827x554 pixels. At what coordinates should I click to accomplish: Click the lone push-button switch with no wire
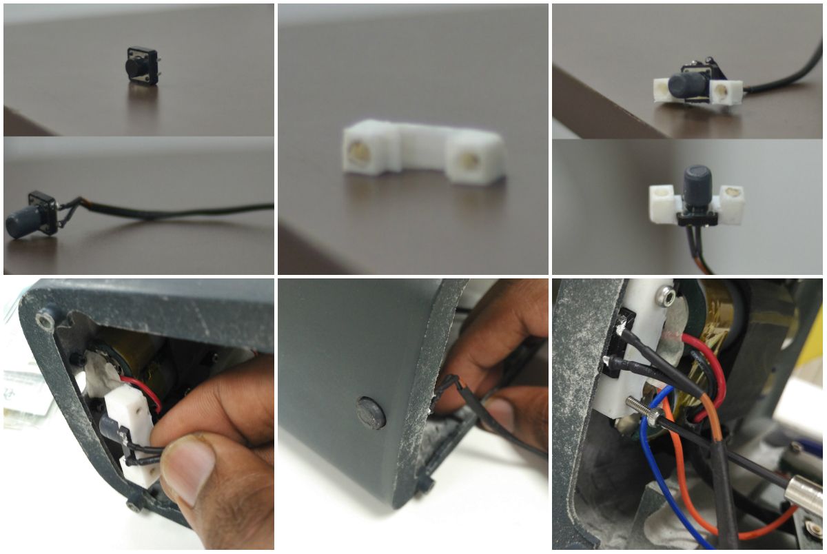tap(141, 66)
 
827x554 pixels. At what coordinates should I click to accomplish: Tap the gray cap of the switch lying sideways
tap(20, 223)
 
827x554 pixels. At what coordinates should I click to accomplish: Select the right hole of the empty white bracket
tap(470, 161)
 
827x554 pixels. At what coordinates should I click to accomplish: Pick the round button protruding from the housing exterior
tap(370, 413)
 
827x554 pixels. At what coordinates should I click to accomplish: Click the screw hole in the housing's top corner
tap(45, 319)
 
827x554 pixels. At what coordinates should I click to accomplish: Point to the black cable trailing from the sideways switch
tap(172, 211)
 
